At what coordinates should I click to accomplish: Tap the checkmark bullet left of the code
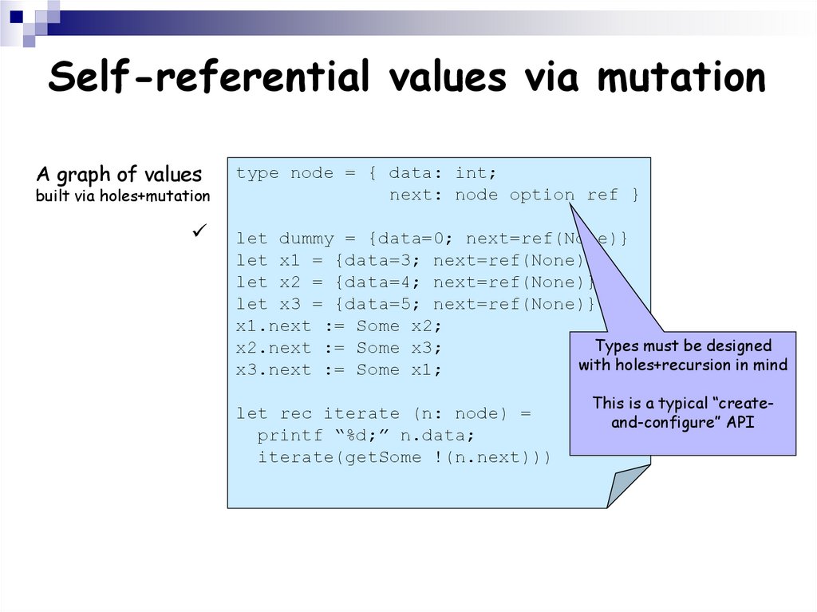(x=199, y=231)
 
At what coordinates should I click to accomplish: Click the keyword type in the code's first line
(x=258, y=173)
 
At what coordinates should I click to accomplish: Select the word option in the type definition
(x=542, y=195)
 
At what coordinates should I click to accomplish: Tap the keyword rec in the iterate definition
(x=295, y=413)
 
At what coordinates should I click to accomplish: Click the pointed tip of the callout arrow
(x=571, y=203)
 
